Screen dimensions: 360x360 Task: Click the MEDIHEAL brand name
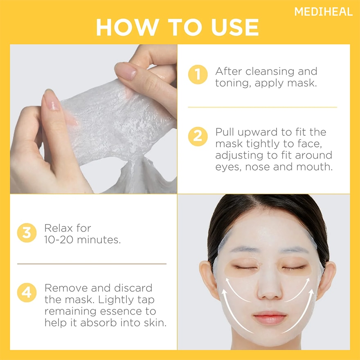pos(323,12)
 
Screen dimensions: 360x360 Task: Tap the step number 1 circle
pos(198,75)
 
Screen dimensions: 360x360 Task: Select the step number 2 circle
pos(198,136)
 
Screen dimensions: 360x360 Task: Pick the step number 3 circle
pos(27,233)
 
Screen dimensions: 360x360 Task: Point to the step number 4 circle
pos(27,293)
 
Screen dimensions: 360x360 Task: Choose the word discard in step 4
pos(130,288)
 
